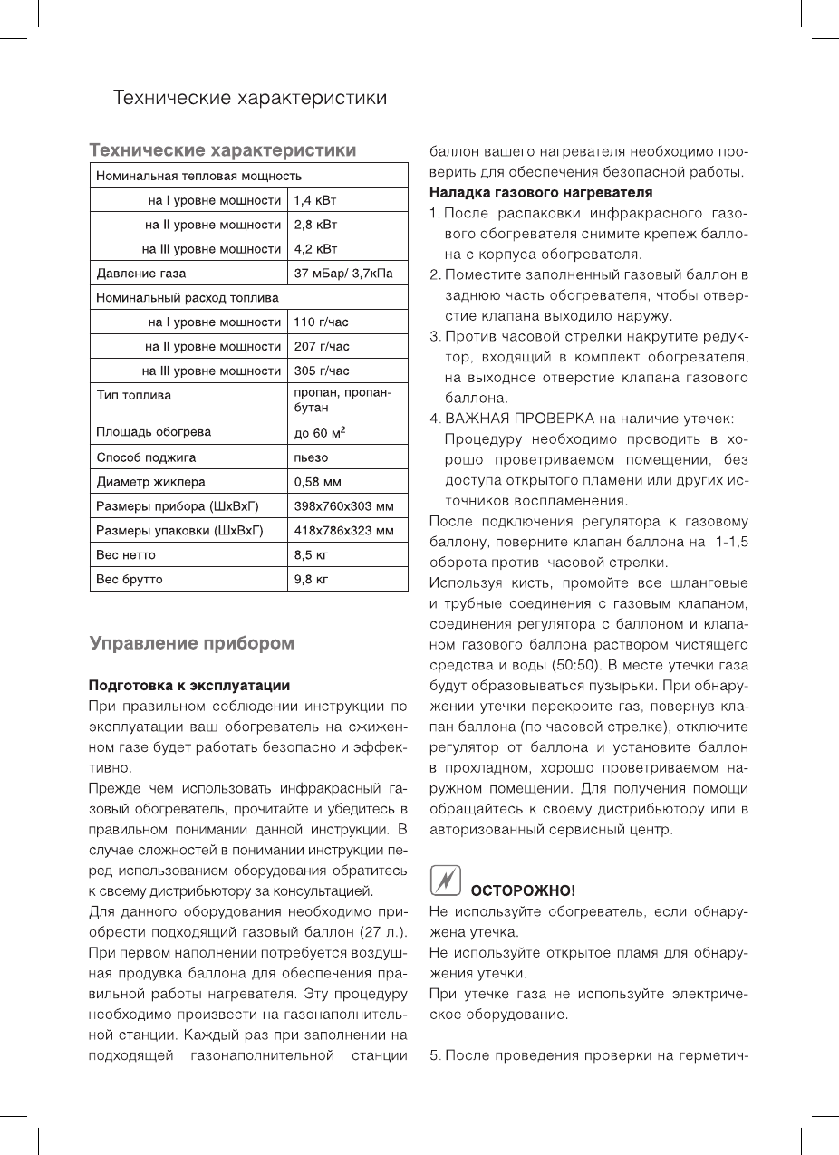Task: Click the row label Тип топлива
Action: coord(134,396)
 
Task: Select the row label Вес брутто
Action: coord(130,579)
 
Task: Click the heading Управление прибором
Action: coord(191,644)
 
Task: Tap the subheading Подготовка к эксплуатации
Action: coord(188,684)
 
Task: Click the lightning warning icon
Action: coord(444,881)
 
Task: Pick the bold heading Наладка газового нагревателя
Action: coord(540,193)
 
